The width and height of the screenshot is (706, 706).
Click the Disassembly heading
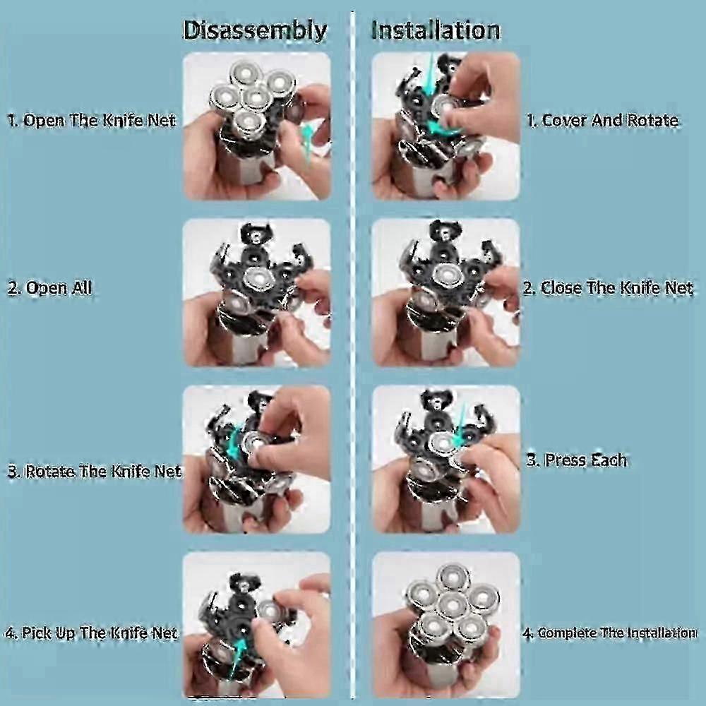[255, 30]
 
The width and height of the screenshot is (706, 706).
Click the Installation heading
[436, 30]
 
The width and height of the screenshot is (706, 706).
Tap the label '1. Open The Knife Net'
[92, 120]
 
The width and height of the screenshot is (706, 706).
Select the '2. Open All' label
[50, 288]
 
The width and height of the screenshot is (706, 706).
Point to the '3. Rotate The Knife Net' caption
[95, 471]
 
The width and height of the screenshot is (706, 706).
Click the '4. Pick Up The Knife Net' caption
[91, 633]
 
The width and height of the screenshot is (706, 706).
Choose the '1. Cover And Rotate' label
[602, 120]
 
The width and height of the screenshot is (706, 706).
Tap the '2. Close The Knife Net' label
[608, 288]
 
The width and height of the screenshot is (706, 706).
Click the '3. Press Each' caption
[576, 460]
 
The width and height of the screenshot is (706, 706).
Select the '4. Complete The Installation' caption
[610, 633]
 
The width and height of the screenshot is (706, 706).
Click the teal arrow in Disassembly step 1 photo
[308, 143]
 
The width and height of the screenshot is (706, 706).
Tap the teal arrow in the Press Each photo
[460, 426]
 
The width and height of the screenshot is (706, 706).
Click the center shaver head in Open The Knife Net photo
[256, 97]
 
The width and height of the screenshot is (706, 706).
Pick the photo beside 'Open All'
[257, 293]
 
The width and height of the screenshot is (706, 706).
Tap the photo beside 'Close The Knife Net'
[446, 293]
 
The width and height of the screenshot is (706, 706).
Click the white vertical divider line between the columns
[353, 356]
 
